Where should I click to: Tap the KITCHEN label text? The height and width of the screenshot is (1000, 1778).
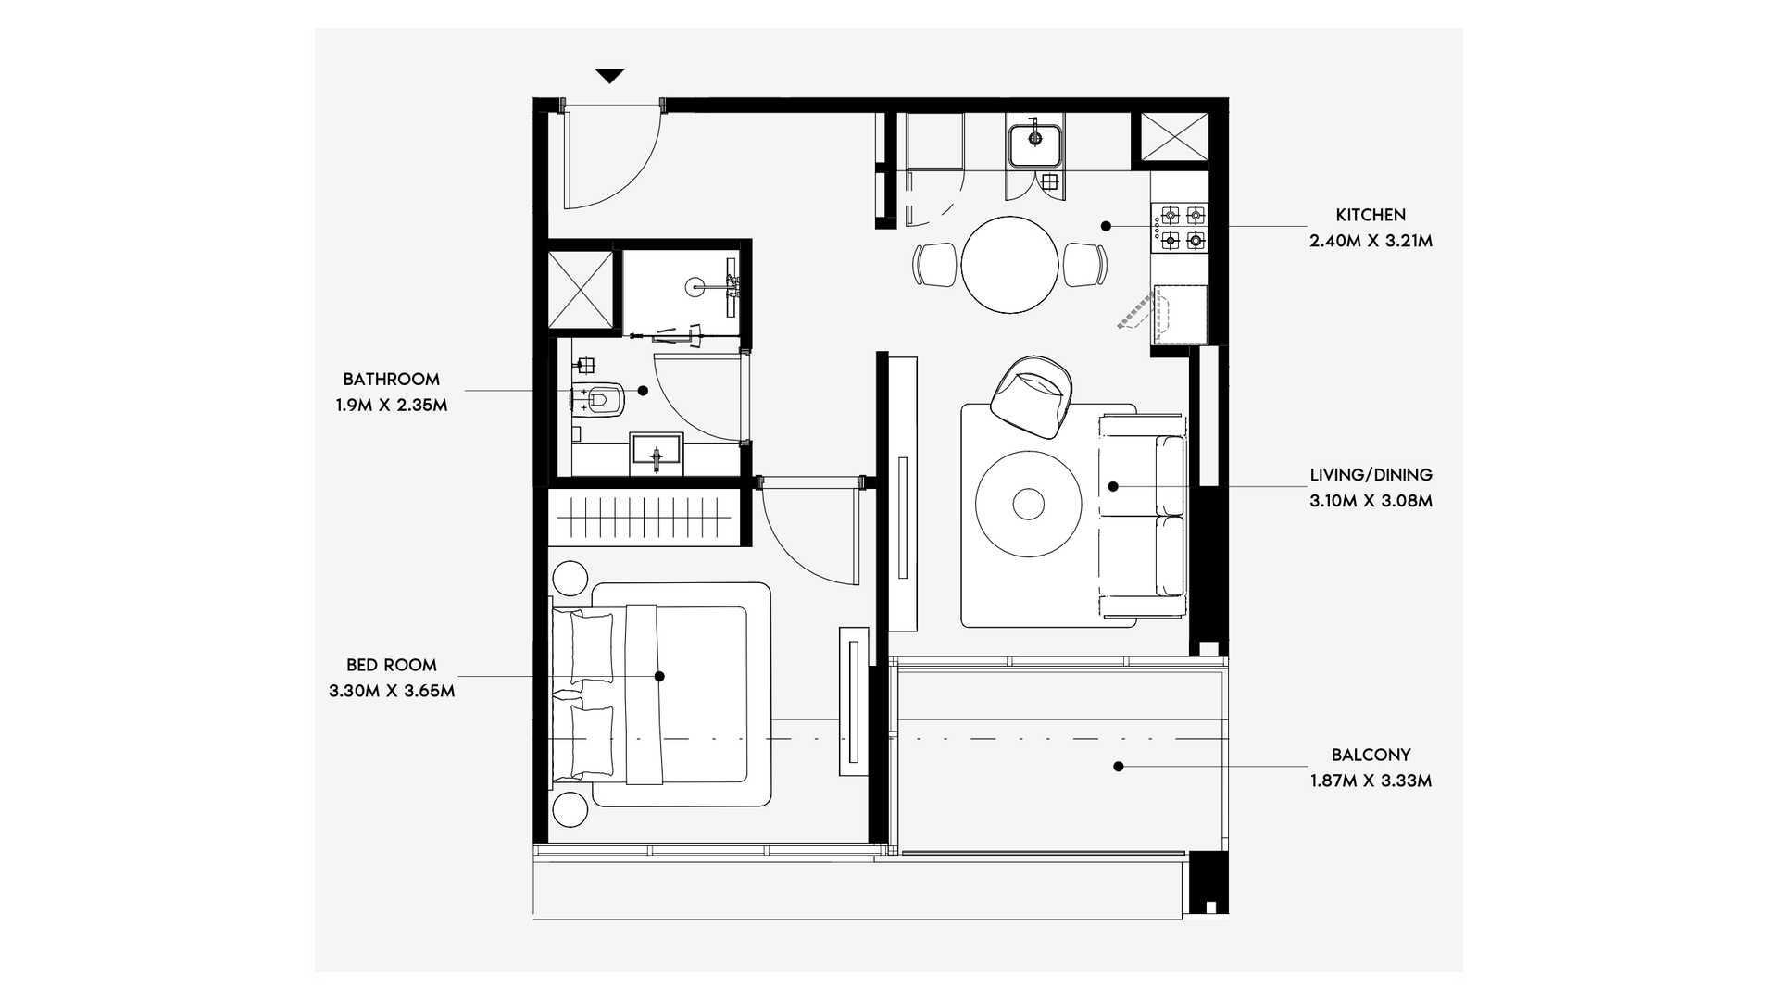[x=1371, y=215]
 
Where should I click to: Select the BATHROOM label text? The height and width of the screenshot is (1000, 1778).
[x=391, y=379]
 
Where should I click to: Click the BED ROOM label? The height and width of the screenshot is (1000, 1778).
[x=391, y=665]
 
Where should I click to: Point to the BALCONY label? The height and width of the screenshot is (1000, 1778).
[x=1371, y=755]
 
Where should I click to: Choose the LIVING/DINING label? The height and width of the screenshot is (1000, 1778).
[x=1371, y=475]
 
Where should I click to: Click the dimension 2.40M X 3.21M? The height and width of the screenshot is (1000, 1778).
[x=1371, y=242]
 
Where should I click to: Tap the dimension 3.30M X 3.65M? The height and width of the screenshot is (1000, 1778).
[x=391, y=691]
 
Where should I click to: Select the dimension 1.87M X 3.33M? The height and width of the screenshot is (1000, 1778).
[x=1371, y=781]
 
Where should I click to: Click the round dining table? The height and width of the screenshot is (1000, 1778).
[x=1009, y=265]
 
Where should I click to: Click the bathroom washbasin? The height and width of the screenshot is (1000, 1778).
[x=657, y=454]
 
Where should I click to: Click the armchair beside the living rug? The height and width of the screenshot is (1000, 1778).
[x=1032, y=396]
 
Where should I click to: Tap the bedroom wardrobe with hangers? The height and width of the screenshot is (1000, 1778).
[x=648, y=517]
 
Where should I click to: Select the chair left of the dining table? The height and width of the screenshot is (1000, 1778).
[x=935, y=264]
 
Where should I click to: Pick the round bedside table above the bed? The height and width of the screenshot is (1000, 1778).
[x=570, y=578]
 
